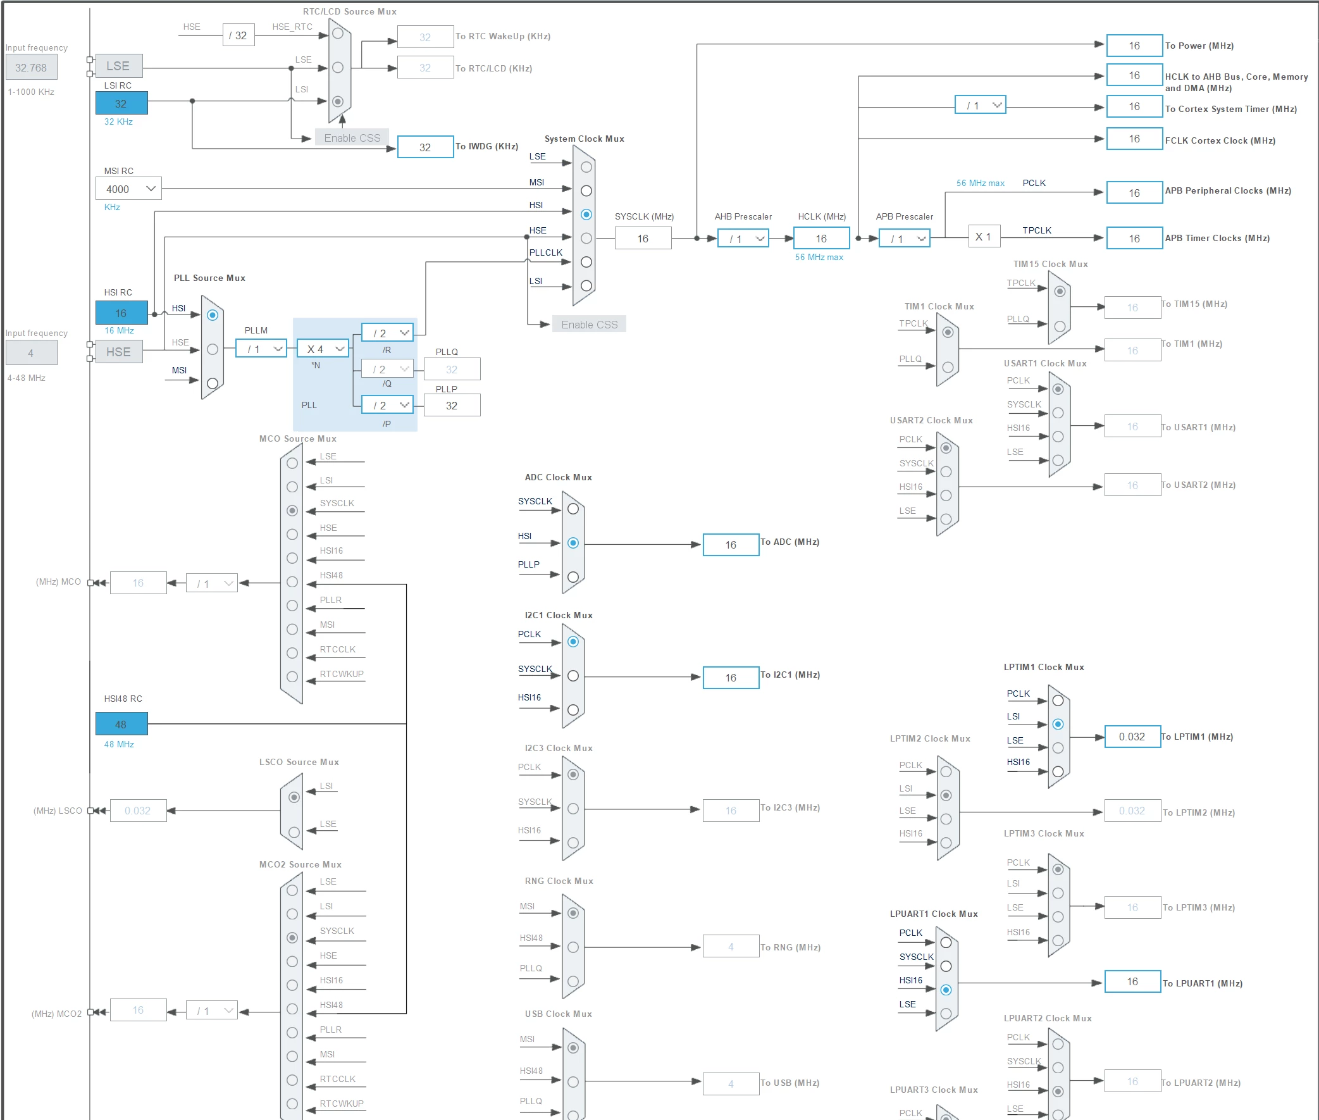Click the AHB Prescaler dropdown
click(743, 239)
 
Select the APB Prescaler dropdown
click(904, 239)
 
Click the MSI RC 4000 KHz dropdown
click(129, 189)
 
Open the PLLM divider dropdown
click(261, 349)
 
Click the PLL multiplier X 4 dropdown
click(323, 349)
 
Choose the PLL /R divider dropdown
click(387, 333)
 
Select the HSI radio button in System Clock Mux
click(586, 215)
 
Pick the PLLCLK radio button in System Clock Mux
click(586, 261)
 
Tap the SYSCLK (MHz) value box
click(643, 239)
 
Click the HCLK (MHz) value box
click(821, 239)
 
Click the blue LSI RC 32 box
click(121, 104)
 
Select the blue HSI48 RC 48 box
click(121, 724)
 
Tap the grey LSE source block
click(119, 66)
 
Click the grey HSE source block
click(119, 352)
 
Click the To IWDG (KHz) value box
click(425, 147)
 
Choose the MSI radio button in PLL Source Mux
click(213, 383)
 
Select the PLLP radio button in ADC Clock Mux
click(573, 577)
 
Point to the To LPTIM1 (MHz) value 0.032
click(1132, 737)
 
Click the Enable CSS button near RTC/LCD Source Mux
click(352, 138)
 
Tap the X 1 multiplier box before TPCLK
click(984, 237)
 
